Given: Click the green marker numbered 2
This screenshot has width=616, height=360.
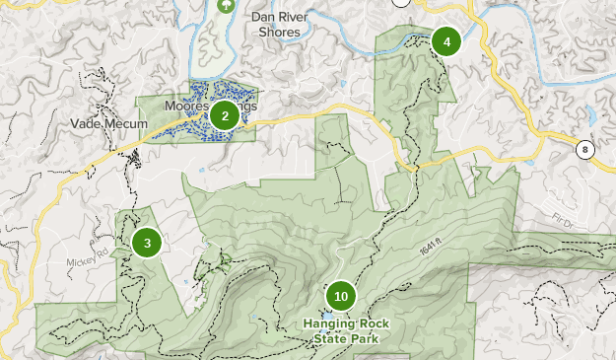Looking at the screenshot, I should (225, 116).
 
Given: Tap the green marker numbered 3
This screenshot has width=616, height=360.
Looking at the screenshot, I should (147, 243).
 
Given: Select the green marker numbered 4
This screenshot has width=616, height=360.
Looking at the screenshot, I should (446, 41).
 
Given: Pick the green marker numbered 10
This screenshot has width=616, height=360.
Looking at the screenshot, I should (341, 296).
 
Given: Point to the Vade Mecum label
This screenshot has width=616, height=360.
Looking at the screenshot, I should (108, 123).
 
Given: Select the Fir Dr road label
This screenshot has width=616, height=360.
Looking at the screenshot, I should (562, 222).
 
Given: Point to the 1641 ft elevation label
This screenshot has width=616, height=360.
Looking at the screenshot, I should (430, 252).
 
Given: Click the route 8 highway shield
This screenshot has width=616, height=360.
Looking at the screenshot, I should (585, 149).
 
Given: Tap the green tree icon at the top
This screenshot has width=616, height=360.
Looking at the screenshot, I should (226, 5).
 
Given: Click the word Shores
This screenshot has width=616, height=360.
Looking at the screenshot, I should (279, 32).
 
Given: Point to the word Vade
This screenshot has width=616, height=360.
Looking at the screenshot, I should (87, 123).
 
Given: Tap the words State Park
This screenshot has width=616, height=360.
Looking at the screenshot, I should (340, 338).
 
